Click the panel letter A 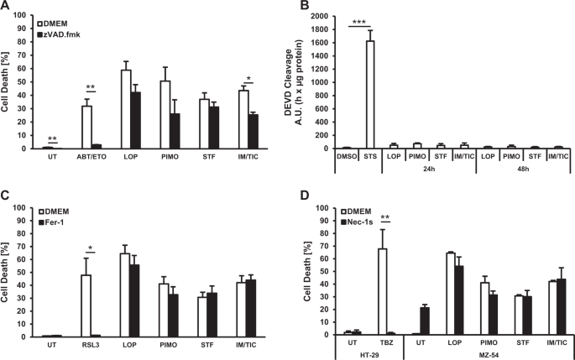coord(6,7)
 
